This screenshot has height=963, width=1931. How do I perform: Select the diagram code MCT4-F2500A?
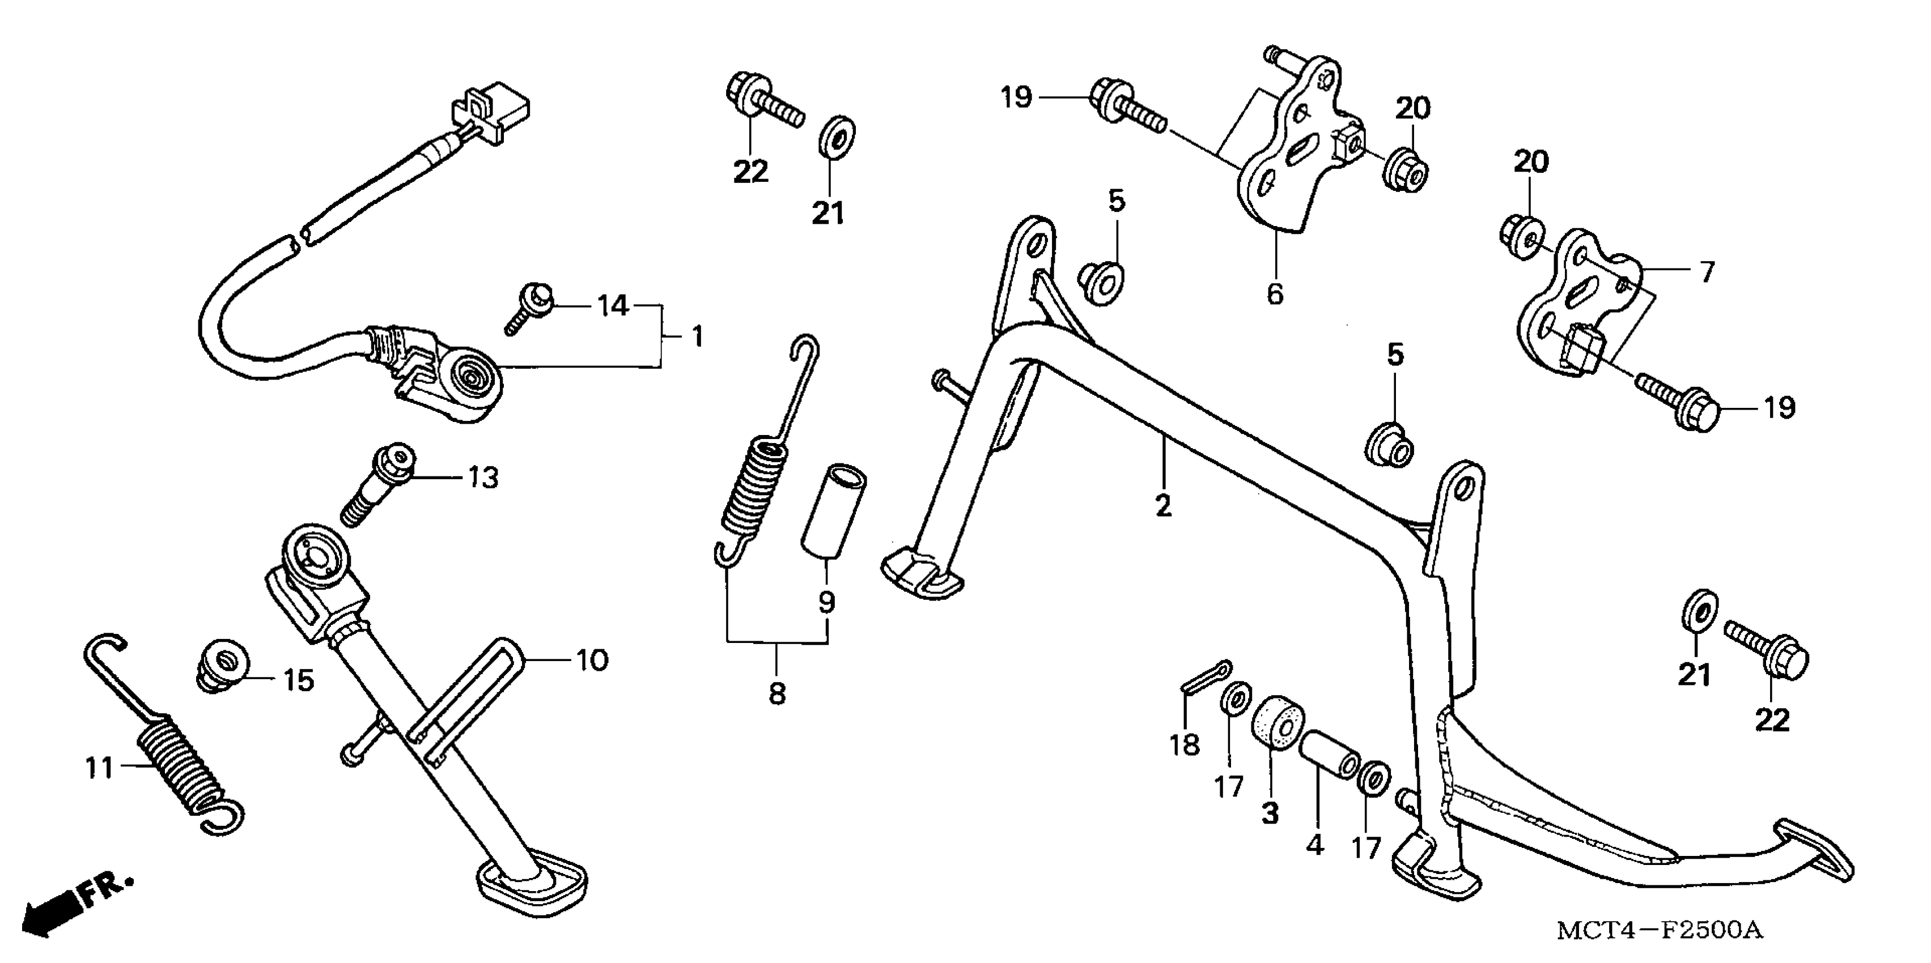(x=1660, y=931)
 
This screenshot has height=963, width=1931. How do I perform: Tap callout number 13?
(x=483, y=478)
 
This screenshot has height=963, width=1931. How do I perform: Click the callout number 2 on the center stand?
(x=1162, y=506)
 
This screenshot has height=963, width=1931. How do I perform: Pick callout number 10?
(x=592, y=661)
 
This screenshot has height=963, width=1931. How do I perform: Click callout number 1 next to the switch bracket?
(x=697, y=337)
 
